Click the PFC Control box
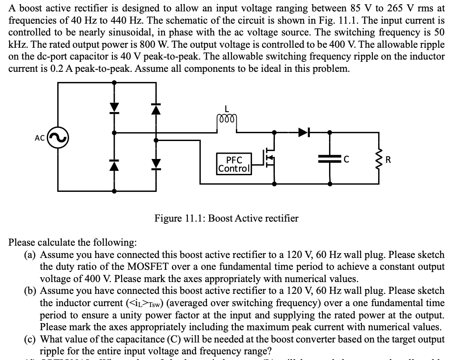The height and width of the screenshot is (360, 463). [234, 163]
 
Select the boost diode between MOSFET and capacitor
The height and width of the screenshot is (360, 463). [304, 131]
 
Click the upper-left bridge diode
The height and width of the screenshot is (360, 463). [114, 107]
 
